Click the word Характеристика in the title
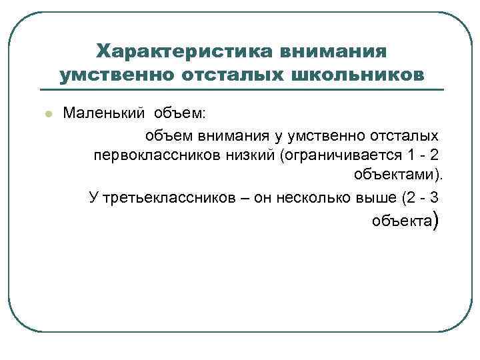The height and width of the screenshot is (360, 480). [x=185, y=51]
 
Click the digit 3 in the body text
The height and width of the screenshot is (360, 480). [x=435, y=198]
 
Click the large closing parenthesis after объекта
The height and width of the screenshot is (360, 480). [x=436, y=221]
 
